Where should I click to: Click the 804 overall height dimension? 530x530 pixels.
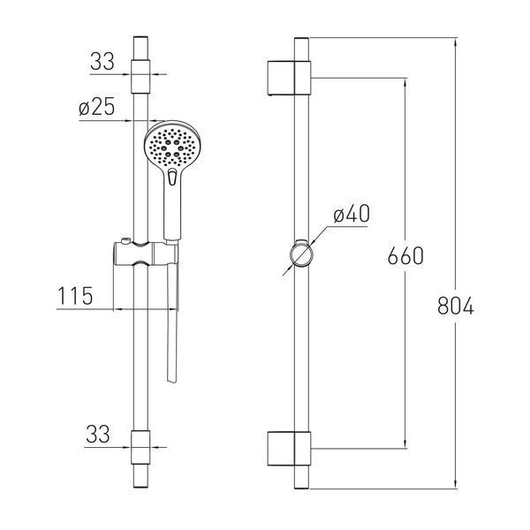(x=456, y=306)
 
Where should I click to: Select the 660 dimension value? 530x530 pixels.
(x=405, y=255)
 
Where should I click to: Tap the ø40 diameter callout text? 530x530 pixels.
(x=352, y=214)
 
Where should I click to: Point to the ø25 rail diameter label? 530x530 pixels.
(x=97, y=107)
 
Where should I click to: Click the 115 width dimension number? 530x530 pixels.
(x=75, y=296)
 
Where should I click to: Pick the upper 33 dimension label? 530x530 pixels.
(x=102, y=61)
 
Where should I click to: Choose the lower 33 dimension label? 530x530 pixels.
(x=98, y=434)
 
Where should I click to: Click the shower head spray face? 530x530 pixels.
(x=173, y=146)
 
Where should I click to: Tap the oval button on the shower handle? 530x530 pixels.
(x=172, y=177)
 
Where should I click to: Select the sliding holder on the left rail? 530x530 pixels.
(x=146, y=253)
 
